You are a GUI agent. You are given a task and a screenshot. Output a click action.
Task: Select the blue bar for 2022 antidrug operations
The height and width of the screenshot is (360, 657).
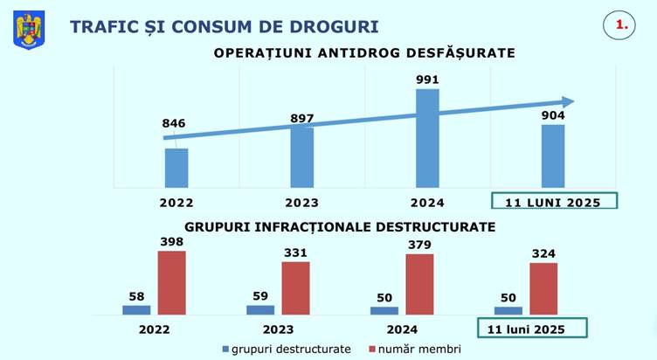point(176,167)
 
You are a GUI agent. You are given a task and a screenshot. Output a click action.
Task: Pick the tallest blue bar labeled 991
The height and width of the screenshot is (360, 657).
point(427,137)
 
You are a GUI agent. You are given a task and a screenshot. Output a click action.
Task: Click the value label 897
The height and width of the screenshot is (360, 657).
point(301,118)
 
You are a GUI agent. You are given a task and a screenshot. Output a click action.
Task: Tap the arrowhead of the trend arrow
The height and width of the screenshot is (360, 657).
point(567,101)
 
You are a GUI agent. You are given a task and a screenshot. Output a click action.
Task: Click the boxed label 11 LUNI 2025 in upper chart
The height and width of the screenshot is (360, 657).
point(553,202)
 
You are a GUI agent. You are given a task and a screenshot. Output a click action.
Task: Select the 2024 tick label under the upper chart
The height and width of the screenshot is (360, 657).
point(427,202)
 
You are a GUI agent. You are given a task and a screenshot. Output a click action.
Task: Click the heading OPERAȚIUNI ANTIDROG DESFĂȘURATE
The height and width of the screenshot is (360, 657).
point(365,52)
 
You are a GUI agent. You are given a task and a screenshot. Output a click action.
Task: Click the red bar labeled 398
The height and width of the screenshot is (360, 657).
point(172,281)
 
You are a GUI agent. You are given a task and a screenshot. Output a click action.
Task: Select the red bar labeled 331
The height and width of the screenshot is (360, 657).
point(295,287)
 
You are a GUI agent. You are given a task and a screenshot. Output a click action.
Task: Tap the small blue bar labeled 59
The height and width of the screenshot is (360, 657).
point(260,309)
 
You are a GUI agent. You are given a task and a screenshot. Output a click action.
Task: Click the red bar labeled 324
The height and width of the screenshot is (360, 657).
point(543,288)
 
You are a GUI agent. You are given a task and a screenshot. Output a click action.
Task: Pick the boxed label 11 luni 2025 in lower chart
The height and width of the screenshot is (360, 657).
point(531,329)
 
